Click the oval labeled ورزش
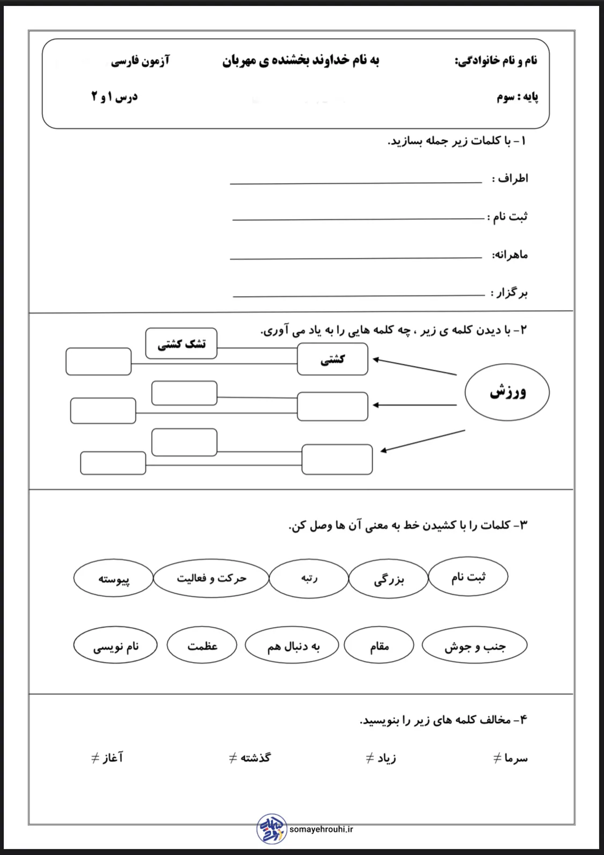tap(507, 392)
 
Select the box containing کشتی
tap(332, 359)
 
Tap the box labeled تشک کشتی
tap(181, 344)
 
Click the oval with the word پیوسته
tap(114, 578)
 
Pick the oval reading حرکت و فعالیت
tap(211, 578)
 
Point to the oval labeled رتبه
tap(309, 578)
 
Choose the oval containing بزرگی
tap(389, 579)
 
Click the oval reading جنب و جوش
tap(475, 646)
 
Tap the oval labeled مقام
tap(379, 646)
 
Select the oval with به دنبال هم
tap(293, 646)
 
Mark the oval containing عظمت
tap(202, 646)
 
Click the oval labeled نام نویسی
tap(115, 646)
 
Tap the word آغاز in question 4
tap(113, 758)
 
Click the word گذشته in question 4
tap(255, 758)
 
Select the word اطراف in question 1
tap(513, 178)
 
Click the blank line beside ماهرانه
tap(356, 258)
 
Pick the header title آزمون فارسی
tap(140, 61)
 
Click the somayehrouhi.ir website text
tap(321, 829)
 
